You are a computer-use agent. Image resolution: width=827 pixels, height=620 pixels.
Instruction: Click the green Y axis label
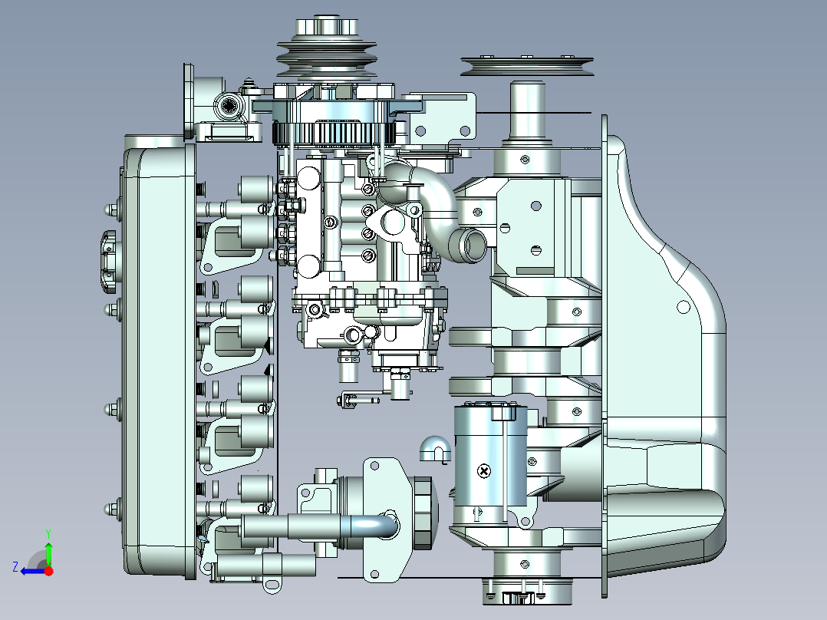[48, 533]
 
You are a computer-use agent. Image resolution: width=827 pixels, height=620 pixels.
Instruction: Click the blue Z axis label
[15, 567]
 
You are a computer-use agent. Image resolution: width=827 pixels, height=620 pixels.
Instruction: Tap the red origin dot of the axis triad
[48, 571]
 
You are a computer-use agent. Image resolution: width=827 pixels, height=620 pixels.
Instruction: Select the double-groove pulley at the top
[327, 53]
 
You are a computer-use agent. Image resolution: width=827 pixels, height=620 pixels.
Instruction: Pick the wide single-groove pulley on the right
[527, 66]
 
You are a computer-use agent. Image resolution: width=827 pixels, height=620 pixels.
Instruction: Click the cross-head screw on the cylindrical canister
[483, 470]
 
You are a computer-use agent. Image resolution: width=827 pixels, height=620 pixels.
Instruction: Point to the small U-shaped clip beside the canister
[434, 449]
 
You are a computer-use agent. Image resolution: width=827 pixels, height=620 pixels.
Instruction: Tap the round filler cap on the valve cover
[108, 262]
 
